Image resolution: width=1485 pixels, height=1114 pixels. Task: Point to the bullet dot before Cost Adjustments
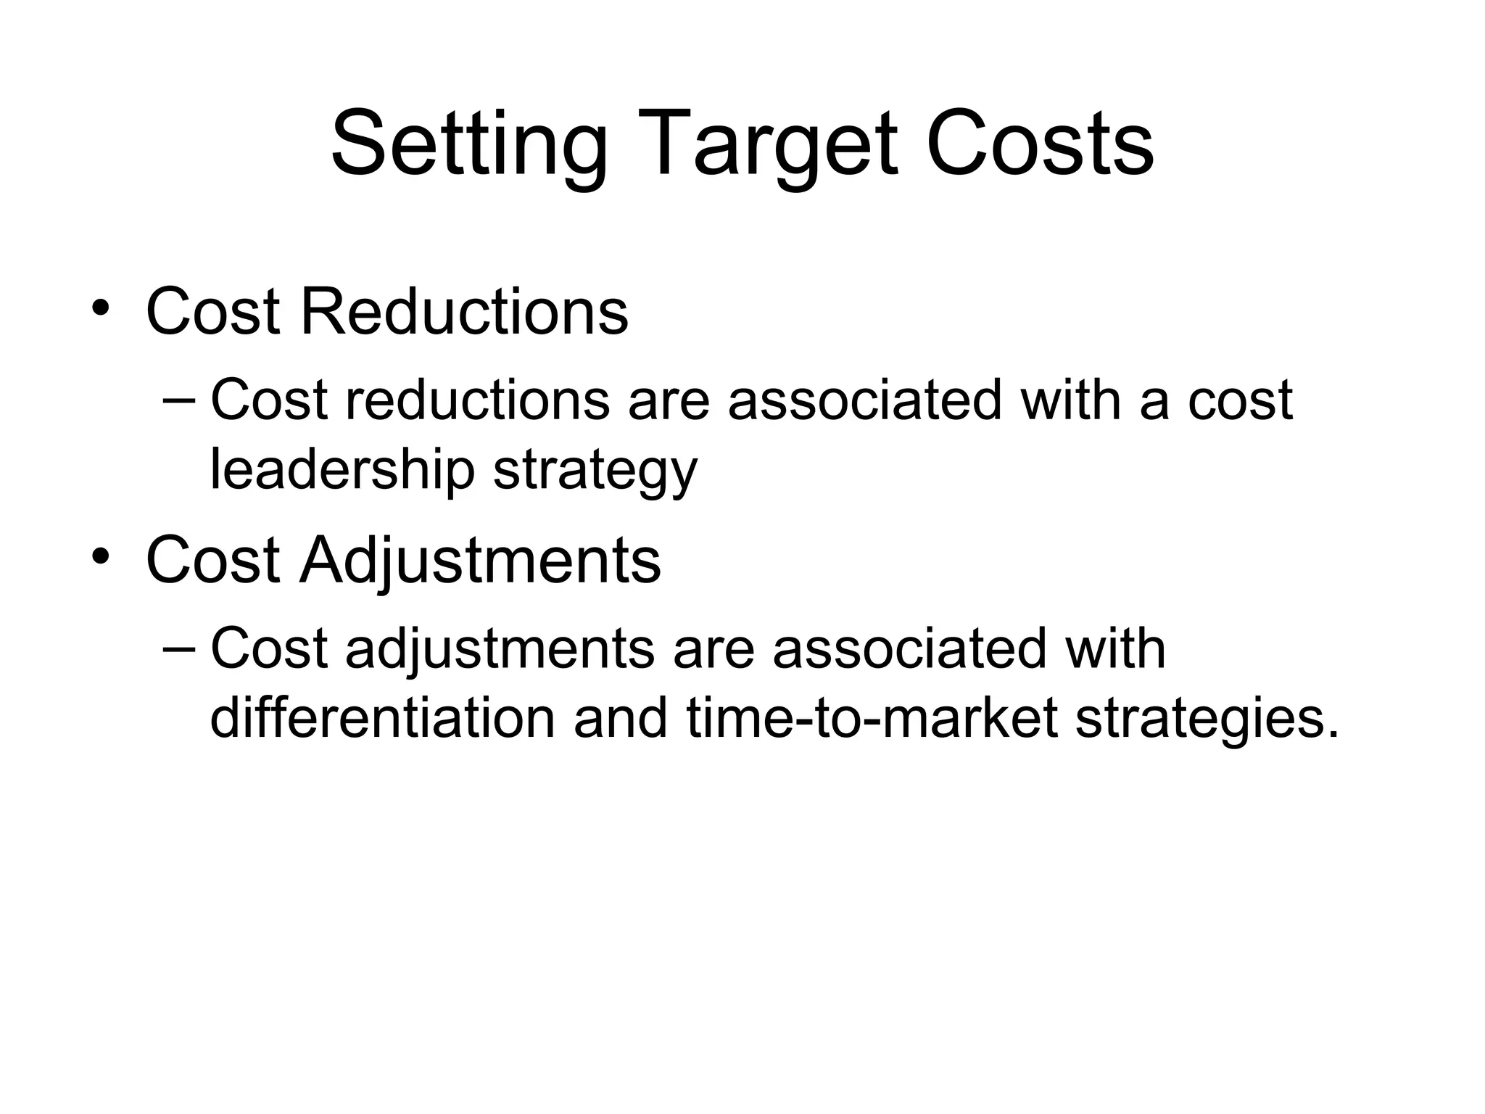(x=101, y=557)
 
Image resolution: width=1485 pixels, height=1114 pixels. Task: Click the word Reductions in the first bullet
(x=464, y=312)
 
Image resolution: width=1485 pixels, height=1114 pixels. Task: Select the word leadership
(x=342, y=471)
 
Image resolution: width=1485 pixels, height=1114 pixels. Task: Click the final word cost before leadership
(x=1240, y=401)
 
